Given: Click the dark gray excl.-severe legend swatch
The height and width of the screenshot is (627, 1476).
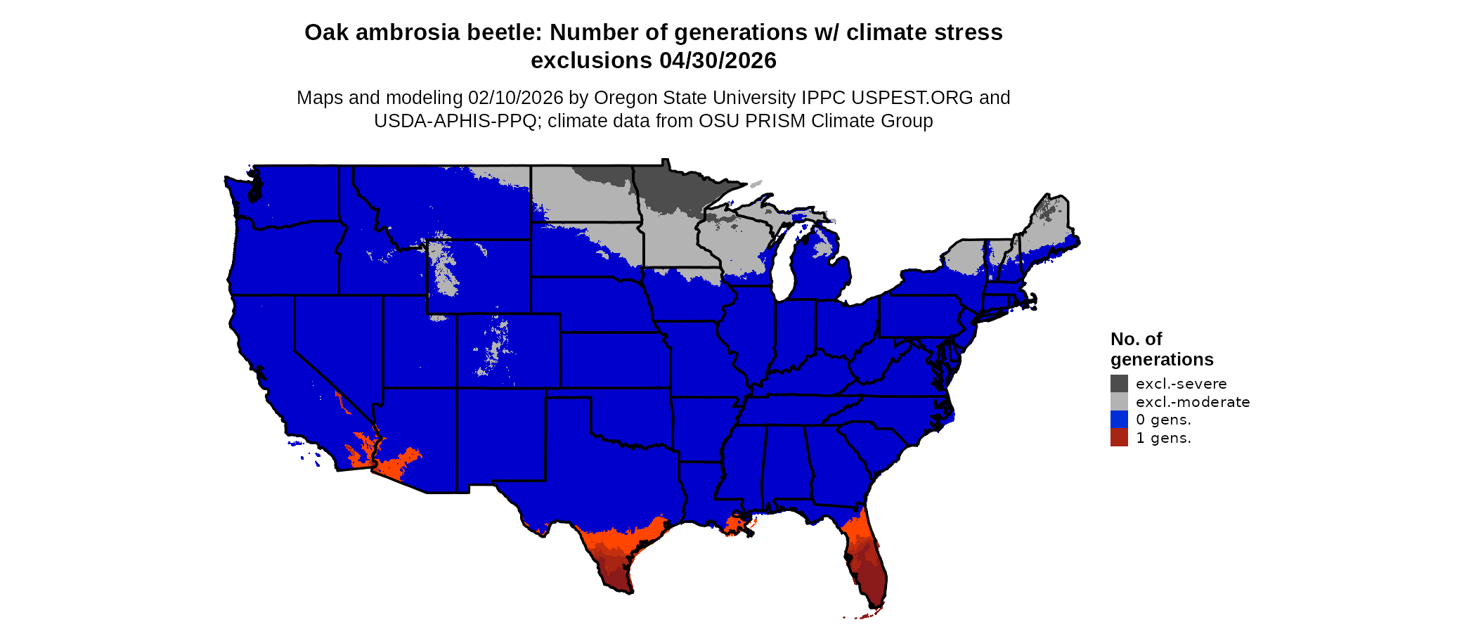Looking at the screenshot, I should coord(1119,383).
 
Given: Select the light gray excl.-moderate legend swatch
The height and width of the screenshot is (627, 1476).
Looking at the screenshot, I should coord(1119,401).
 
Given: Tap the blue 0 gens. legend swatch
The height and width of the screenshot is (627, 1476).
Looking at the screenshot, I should coord(1119,420).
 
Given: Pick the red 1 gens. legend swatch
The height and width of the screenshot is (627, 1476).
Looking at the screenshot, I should coord(1119,437).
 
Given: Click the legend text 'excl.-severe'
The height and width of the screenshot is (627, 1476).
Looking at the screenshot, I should coord(1181,384).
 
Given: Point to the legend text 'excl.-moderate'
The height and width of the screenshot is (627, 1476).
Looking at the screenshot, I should coord(1193,402).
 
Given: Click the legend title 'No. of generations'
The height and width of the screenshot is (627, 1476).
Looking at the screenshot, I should coord(1161,349).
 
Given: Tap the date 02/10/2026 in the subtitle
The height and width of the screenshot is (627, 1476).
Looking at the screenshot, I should coord(515,98).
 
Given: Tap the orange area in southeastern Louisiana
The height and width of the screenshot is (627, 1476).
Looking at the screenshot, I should coord(735,525).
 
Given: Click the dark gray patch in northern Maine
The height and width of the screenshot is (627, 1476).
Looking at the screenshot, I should coord(1049,209).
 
